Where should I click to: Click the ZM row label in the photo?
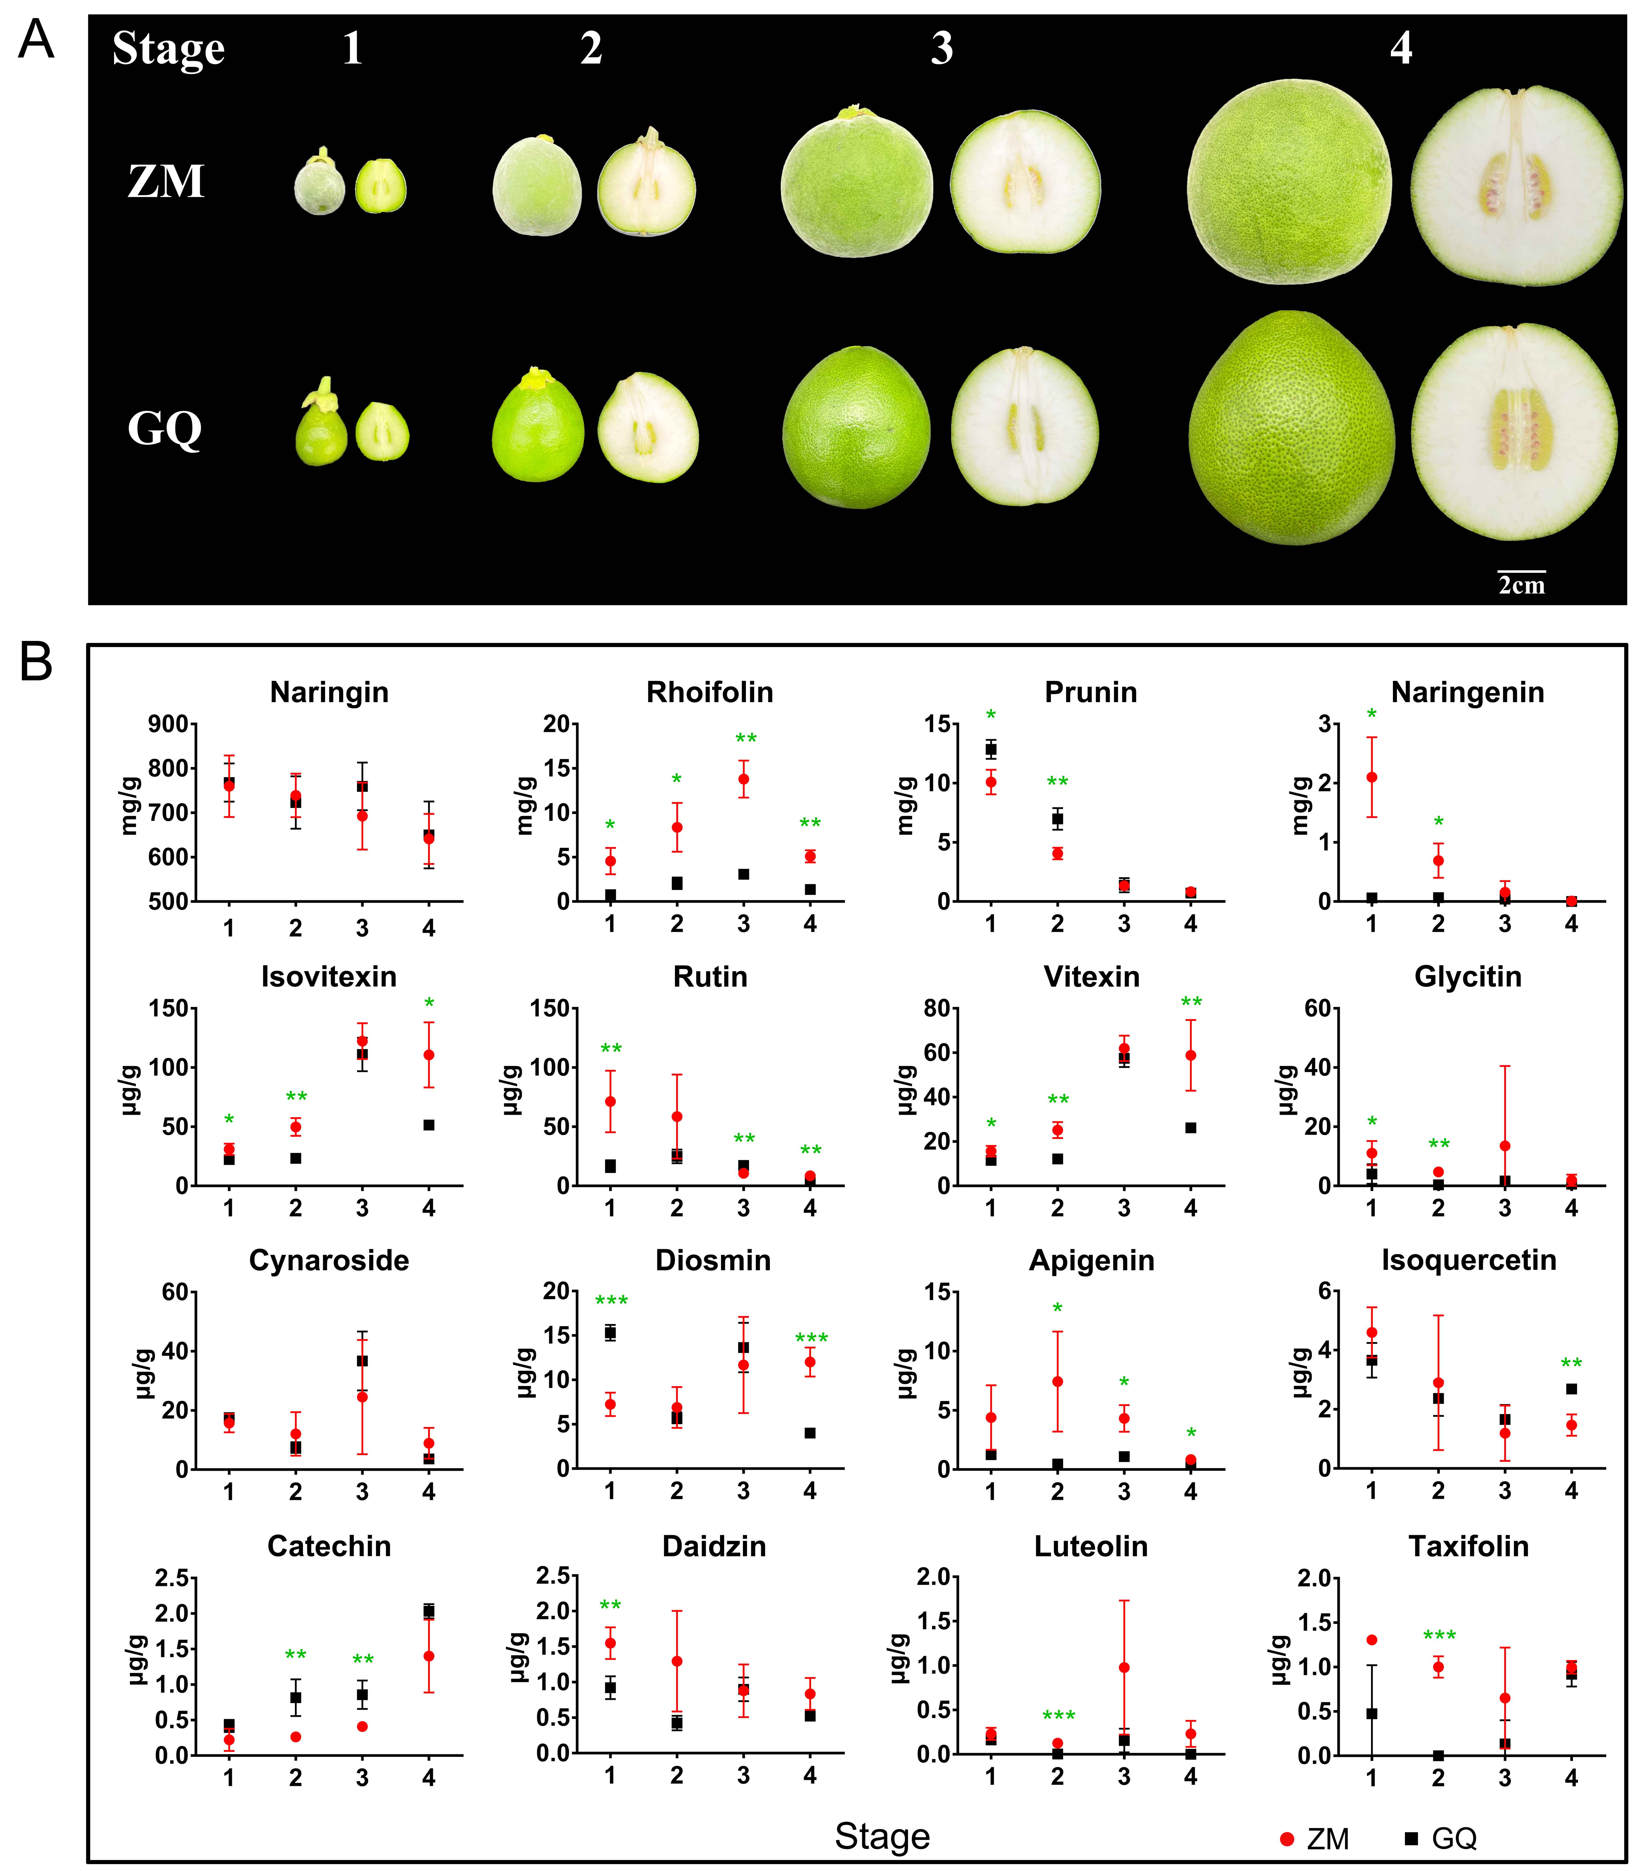(166, 181)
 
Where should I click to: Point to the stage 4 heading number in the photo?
(1401, 47)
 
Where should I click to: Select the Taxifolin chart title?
(1468, 1547)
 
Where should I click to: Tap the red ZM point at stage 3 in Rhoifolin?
(743, 779)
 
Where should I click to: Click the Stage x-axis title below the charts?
(882, 1836)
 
